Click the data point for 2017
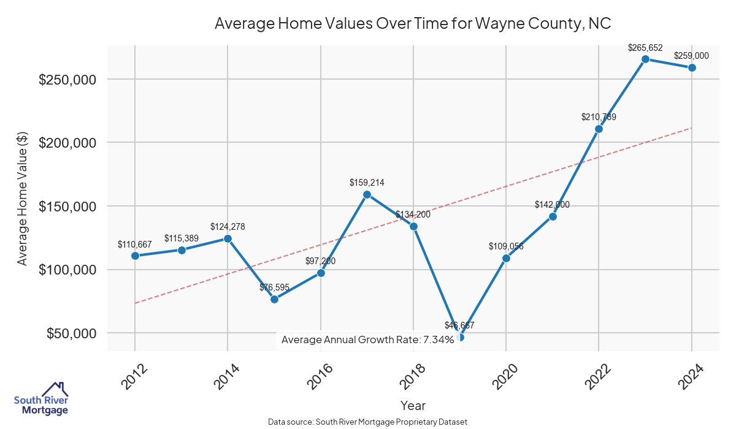pyautogui.click(x=367, y=195)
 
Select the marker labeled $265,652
pyautogui.click(x=645, y=59)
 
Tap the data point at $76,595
pyautogui.click(x=274, y=299)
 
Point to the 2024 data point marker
pyautogui.click(x=692, y=67)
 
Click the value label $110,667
pyautogui.click(x=134, y=245)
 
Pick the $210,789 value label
pyautogui.click(x=599, y=117)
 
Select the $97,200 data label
pyautogui.click(x=320, y=261)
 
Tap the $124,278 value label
pyautogui.click(x=228, y=227)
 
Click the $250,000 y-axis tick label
pyautogui.click(x=67, y=80)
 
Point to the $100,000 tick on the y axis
pyautogui.click(x=67, y=270)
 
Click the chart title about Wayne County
pyautogui.click(x=413, y=24)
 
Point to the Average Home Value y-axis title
pyautogui.click(x=23, y=199)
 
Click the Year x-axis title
pyautogui.click(x=413, y=405)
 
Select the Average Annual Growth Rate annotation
pyautogui.click(x=367, y=340)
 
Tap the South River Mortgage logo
pyautogui.click(x=41, y=399)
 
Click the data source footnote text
pyautogui.click(x=367, y=422)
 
